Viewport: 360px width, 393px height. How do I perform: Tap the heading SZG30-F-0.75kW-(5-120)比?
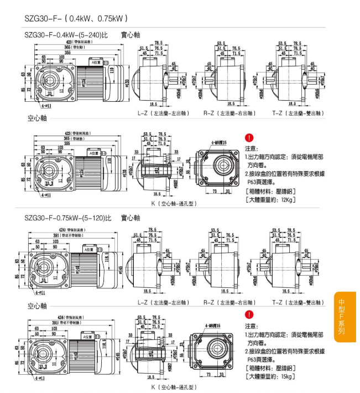(x=67, y=218)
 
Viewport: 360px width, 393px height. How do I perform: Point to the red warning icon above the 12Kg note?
(x=249, y=137)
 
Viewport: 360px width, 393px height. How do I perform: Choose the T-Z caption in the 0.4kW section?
(x=298, y=113)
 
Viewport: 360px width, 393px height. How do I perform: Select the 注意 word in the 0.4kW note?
(x=251, y=148)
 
